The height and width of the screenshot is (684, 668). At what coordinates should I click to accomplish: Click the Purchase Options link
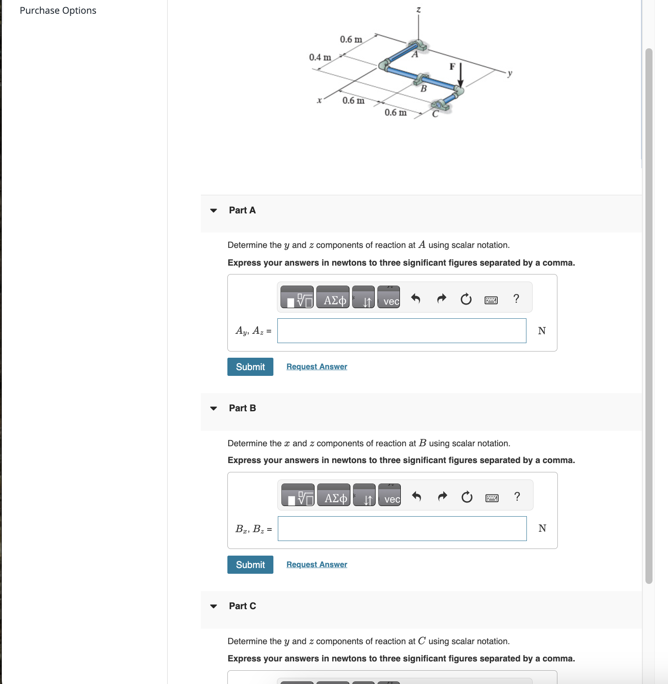click(x=58, y=11)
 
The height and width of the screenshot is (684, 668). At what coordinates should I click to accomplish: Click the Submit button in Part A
click(x=250, y=367)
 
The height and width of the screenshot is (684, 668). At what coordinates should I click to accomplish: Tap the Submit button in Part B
click(x=250, y=564)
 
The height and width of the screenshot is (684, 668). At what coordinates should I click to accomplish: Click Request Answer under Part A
click(x=317, y=367)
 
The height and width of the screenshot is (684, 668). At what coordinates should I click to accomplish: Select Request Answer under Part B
click(x=317, y=564)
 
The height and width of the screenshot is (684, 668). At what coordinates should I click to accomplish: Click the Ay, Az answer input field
click(x=401, y=331)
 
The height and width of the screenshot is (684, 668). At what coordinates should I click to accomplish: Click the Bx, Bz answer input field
click(x=402, y=529)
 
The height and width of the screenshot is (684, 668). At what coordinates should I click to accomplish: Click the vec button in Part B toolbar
click(x=390, y=495)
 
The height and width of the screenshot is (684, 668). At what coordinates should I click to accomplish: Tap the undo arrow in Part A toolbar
click(x=415, y=298)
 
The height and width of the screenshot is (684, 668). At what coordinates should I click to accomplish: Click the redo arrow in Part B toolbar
click(x=442, y=496)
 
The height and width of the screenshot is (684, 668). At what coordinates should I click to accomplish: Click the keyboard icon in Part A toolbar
click(x=491, y=300)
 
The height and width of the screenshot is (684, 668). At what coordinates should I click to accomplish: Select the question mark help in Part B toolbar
click(x=517, y=496)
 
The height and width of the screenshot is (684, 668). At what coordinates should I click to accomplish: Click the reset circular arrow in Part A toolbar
click(x=466, y=299)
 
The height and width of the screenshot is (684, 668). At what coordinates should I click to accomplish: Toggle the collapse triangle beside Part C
click(x=214, y=606)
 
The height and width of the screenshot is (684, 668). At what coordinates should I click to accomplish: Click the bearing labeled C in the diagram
click(x=441, y=105)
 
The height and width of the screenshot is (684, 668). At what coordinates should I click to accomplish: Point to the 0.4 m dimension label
click(x=320, y=58)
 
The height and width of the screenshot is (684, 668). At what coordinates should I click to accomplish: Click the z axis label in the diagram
click(x=418, y=9)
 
